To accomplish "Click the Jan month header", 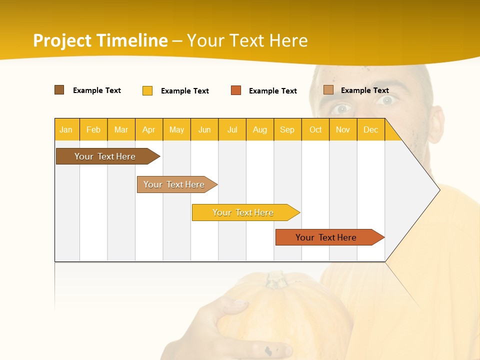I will coord(66,129).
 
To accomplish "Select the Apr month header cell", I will coord(149,129).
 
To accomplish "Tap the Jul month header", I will coord(232,129).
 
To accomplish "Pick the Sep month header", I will coord(287,129).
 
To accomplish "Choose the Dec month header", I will coord(370,129).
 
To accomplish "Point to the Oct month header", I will coord(315,129).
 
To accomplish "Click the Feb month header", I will coord(93,129).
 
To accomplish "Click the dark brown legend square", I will coord(59,90).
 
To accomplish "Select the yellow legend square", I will coord(147,90).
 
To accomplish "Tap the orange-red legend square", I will coord(236,90).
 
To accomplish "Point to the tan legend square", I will coord(328,90).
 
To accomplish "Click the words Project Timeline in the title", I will coord(100,40).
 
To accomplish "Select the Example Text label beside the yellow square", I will coord(184,91).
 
